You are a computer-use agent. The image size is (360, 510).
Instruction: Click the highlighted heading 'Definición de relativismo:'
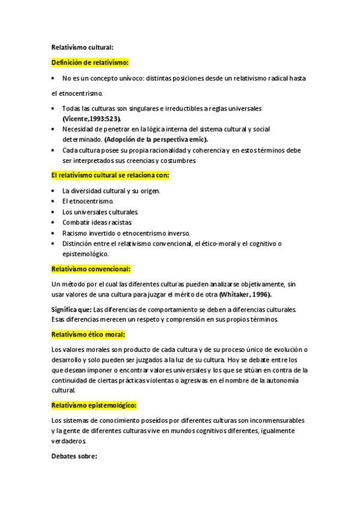pyautogui.click(x=90, y=62)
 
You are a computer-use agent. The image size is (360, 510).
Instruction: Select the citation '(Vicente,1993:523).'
pyautogui.click(x=92, y=119)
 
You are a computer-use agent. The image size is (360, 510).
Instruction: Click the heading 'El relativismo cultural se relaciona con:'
pyautogui.click(x=111, y=175)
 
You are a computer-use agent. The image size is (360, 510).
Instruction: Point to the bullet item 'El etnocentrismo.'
pyautogui.click(x=88, y=201)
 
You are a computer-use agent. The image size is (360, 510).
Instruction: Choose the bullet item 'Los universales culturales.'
pyautogui.click(x=100, y=212)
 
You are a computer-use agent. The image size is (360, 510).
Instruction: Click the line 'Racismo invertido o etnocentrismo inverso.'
pyautogui.click(x=126, y=233)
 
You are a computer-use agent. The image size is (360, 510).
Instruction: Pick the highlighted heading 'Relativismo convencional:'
pyautogui.click(x=91, y=269)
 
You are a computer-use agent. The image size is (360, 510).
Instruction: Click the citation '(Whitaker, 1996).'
pyautogui.click(x=245, y=294)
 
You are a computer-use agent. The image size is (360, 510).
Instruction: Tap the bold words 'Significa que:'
pyautogui.click(x=71, y=310)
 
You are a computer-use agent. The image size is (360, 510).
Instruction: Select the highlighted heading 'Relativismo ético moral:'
pyautogui.click(x=88, y=334)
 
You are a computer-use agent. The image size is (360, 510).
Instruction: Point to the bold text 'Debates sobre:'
pyautogui.click(x=75, y=456)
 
